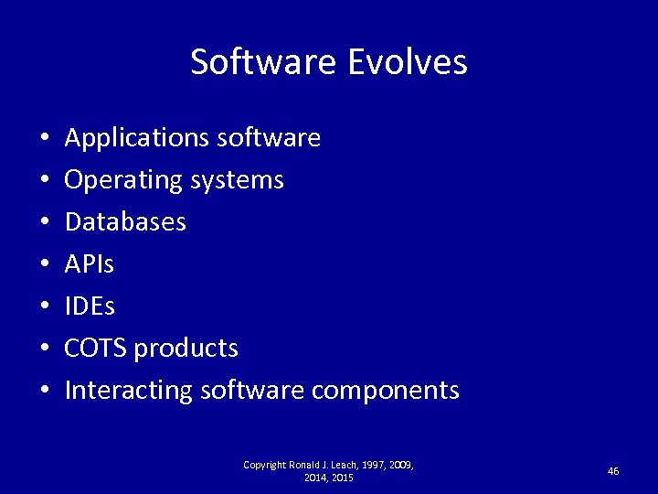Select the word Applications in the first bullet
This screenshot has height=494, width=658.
tap(137, 138)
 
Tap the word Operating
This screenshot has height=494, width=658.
tap(123, 180)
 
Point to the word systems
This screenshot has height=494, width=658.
tap(238, 181)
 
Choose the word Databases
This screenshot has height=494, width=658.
tap(125, 222)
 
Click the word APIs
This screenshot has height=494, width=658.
tap(90, 264)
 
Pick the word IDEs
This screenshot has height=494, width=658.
tap(90, 306)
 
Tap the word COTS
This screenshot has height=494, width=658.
tap(96, 349)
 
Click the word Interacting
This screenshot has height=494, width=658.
tap(129, 391)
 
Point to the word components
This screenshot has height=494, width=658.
tap(385, 392)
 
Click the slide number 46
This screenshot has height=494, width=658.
tap(613, 471)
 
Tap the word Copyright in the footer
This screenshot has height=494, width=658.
tap(264, 466)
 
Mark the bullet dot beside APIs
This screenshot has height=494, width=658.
tap(44, 265)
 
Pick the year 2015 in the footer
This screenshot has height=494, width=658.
tap(341, 478)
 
